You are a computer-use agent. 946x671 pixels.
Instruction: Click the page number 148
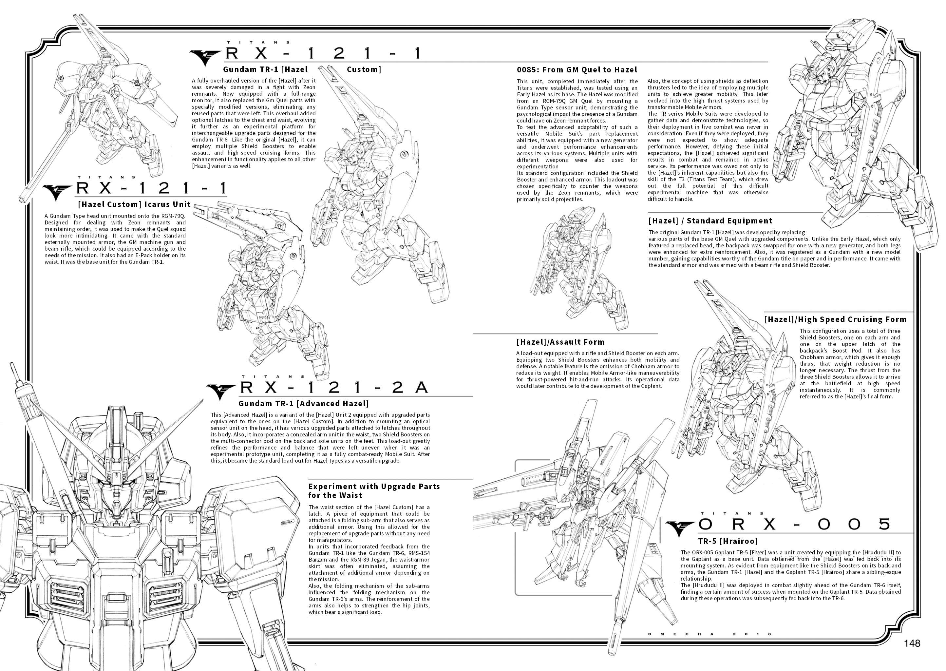coord(912,643)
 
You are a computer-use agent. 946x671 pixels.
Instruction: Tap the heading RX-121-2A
coord(334,387)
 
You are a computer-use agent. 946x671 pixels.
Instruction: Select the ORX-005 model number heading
coord(794,524)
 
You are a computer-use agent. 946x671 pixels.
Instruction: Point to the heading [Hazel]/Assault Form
coord(560,342)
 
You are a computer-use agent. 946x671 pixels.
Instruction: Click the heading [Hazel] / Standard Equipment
coord(710,221)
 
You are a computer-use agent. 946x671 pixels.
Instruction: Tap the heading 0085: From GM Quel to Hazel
coord(577,70)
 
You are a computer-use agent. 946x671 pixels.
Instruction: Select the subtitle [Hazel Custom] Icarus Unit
coord(134,204)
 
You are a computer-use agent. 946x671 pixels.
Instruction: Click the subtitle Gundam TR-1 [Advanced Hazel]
coord(304,404)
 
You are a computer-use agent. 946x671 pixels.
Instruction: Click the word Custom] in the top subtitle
coord(364,69)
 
